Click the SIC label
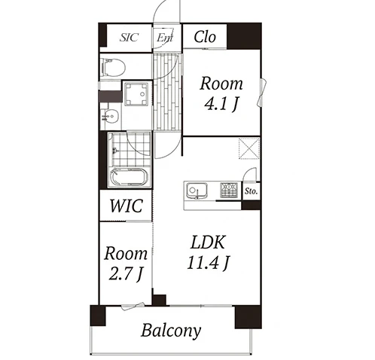click(x=129, y=38)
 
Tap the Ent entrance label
click(x=165, y=38)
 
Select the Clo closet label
click(x=205, y=37)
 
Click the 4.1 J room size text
click(x=221, y=104)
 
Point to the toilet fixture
click(x=114, y=67)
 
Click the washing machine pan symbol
click(x=136, y=94)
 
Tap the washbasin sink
click(x=110, y=117)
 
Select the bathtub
click(x=129, y=177)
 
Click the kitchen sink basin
click(x=197, y=191)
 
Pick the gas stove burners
click(x=229, y=190)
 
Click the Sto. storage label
click(x=251, y=191)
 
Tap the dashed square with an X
click(x=249, y=148)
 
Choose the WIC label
click(x=127, y=206)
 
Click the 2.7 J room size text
click(x=126, y=273)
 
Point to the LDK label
click(x=208, y=243)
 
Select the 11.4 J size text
click(x=208, y=262)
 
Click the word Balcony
click(x=171, y=331)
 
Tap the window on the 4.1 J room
click(x=262, y=93)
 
